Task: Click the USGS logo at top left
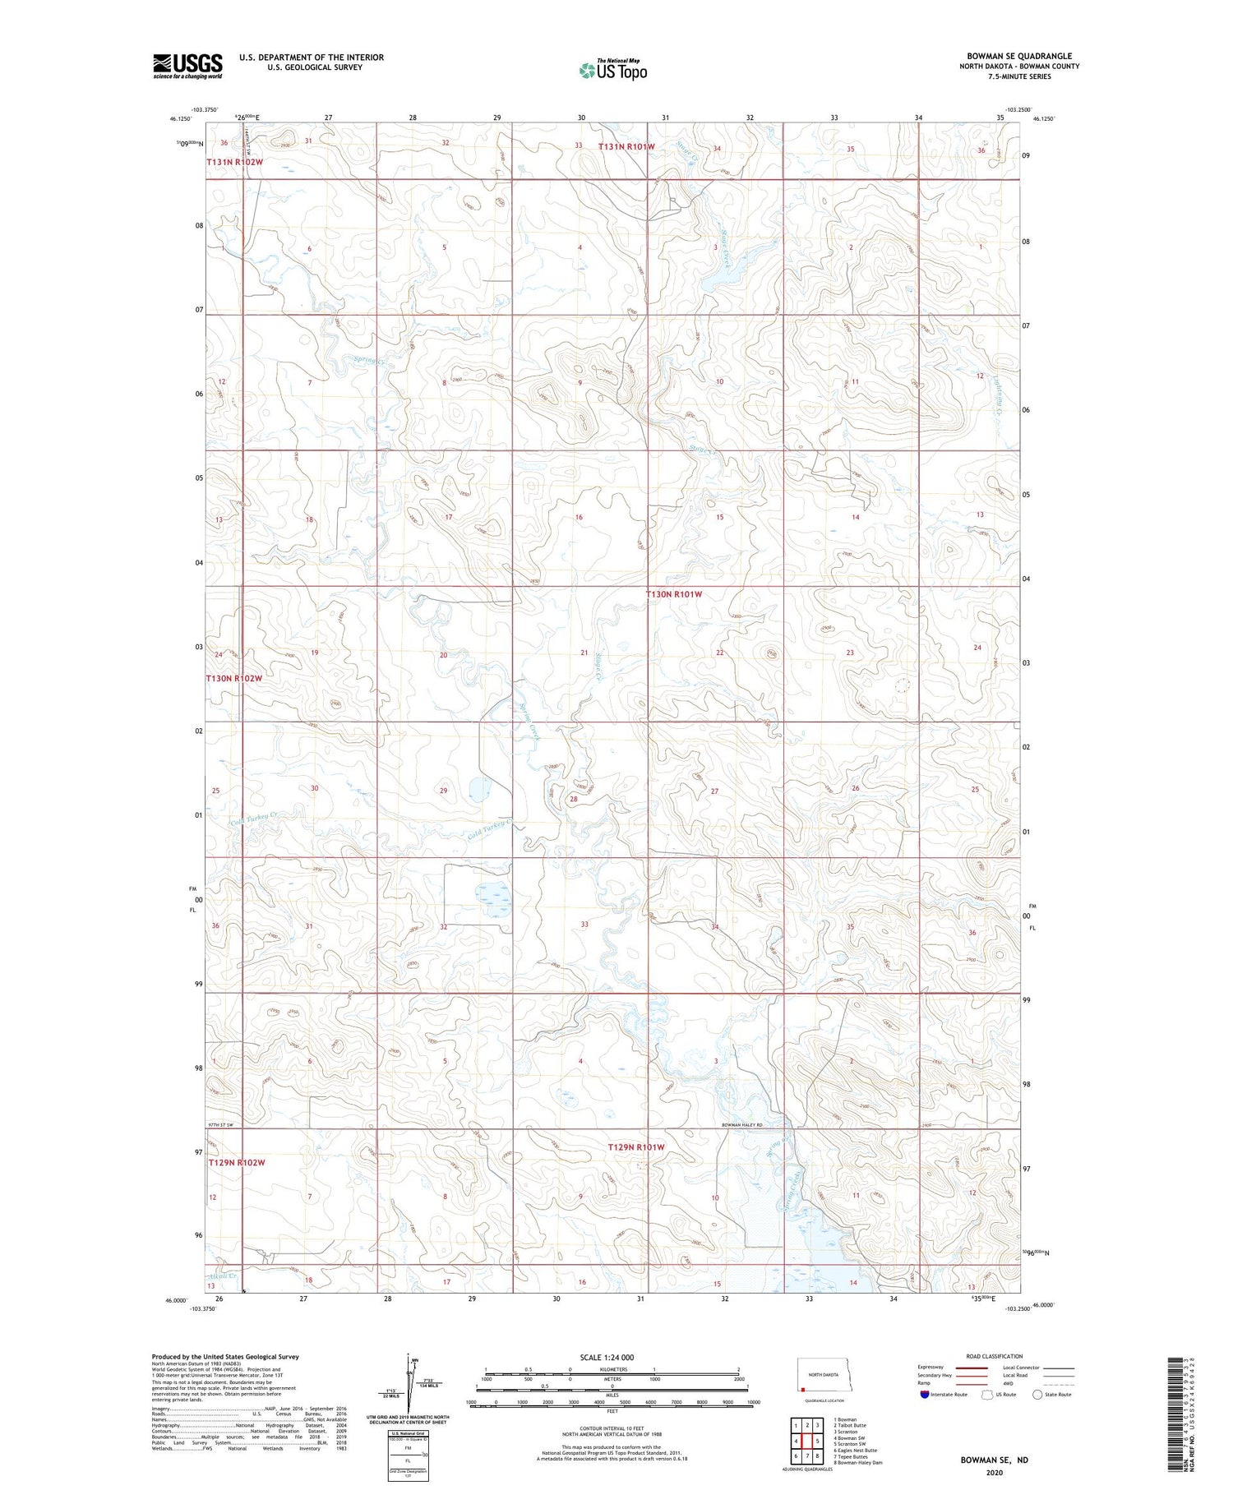pyautogui.click(x=187, y=66)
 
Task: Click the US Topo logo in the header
pyautogui.click(x=612, y=71)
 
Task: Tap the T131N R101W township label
pyautogui.click(x=626, y=147)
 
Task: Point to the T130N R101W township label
pyautogui.click(x=673, y=593)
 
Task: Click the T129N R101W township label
pyautogui.click(x=635, y=1146)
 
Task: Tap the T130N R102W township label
pyautogui.click(x=234, y=678)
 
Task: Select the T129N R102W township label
pyautogui.click(x=237, y=1162)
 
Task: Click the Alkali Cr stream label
pyautogui.click(x=222, y=1276)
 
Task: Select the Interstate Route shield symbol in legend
pyautogui.click(x=925, y=1394)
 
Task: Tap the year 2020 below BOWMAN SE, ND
pyautogui.click(x=994, y=1472)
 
